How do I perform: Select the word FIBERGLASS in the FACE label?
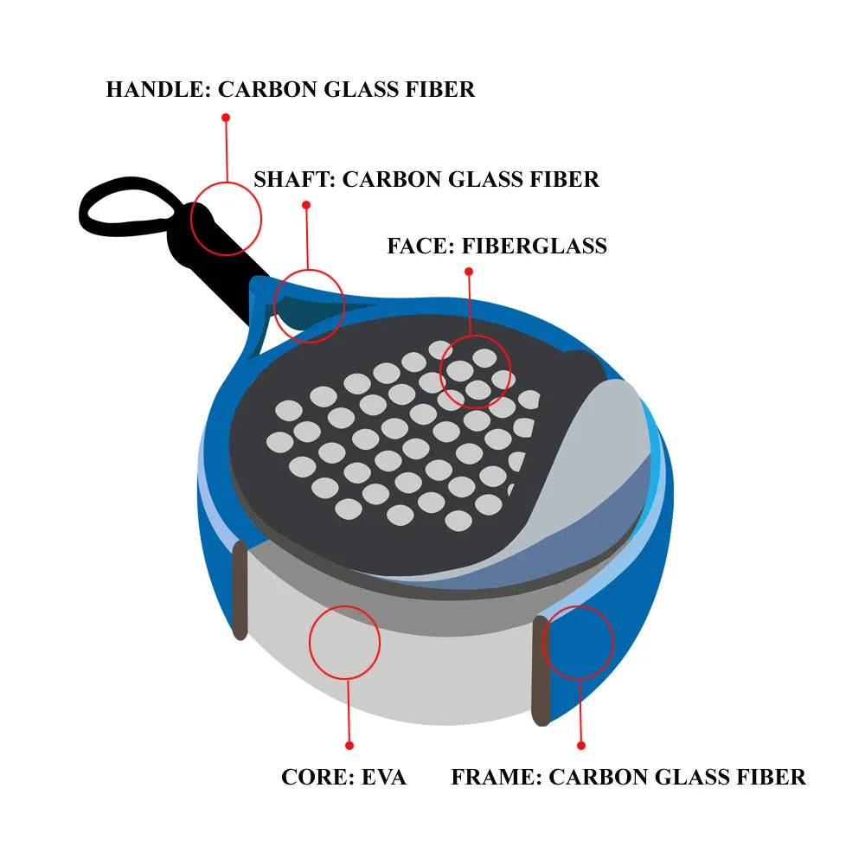[534, 246]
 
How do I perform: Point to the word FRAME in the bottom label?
[496, 777]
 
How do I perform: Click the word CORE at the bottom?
[313, 777]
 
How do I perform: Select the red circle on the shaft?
[309, 304]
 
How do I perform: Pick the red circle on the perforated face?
[476, 372]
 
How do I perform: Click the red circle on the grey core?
[344, 641]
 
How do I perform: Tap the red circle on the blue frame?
[578, 641]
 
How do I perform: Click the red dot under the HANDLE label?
[226, 117]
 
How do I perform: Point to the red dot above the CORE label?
[349, 745]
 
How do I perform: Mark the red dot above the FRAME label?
[581, 745]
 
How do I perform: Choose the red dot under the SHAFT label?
[305, 205]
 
